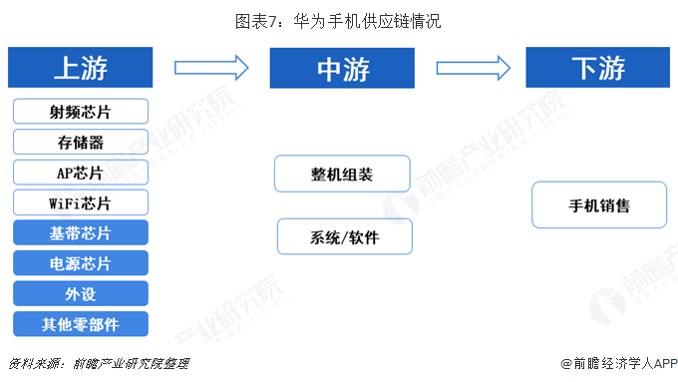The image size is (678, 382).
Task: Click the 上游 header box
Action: coord(81,67)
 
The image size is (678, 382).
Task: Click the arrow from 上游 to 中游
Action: coord(211,68)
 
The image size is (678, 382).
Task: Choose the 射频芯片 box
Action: coord(81,111)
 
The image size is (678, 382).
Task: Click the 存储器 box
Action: coord(81,142)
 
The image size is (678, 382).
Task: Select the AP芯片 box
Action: coord(81,173)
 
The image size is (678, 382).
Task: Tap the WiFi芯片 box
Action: coord(81,203)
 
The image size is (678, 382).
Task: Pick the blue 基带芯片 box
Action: coord(81,233)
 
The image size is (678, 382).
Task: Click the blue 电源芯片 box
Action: coord(81,263)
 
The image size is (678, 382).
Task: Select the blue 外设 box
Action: coord(81,293)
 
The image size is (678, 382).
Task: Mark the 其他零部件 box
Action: coord(81,323)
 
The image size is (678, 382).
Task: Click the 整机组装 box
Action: coord(342,174)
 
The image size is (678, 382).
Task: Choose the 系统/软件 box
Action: coord(344,237)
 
